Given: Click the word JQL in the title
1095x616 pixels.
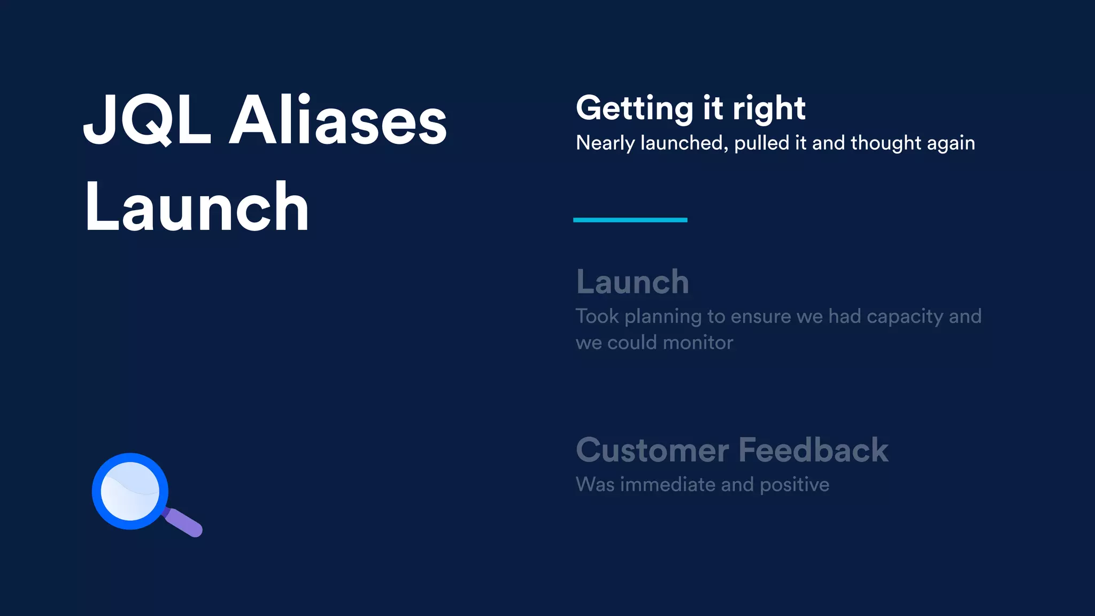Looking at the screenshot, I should tap(147, 120).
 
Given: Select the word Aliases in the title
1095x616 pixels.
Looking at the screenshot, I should tap(338, 120).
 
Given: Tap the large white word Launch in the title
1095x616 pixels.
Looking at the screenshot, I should tap(197, 207).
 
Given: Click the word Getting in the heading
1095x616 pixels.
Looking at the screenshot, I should tap(634, 109).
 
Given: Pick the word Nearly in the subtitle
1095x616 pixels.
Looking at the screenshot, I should tap(605, 143).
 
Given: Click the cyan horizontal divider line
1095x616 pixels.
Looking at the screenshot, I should tap(630, 220).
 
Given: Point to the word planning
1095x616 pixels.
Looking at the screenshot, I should tap(663, 317).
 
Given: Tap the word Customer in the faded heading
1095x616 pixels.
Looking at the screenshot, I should tap(652, 450).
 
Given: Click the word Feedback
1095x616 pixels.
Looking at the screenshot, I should tap(813, 450).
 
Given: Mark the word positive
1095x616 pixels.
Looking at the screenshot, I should tap(795, 486).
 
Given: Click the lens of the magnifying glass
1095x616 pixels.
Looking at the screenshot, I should tap(130, 491).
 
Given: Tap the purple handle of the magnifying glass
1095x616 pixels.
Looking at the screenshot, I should tap(184, 523).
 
